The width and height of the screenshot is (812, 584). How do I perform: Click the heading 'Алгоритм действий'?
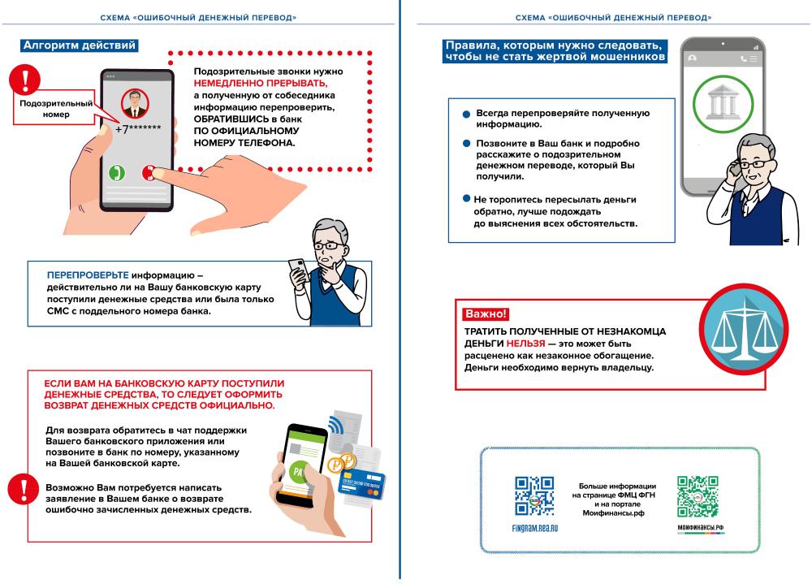[79, 45]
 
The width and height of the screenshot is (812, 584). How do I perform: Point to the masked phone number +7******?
[137, 128]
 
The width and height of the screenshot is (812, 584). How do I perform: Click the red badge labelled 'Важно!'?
[486, 314]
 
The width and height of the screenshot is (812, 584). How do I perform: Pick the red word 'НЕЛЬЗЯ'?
[525, 344]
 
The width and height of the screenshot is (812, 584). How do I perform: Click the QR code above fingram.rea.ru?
[535, 496]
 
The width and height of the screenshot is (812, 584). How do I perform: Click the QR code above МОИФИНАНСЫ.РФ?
[698, 496]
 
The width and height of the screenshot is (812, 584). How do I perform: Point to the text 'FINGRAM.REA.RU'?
[535, 527]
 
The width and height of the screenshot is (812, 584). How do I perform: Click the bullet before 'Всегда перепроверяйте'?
[466, 115]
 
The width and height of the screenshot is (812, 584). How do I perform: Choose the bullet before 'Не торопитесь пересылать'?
[466, 198]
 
